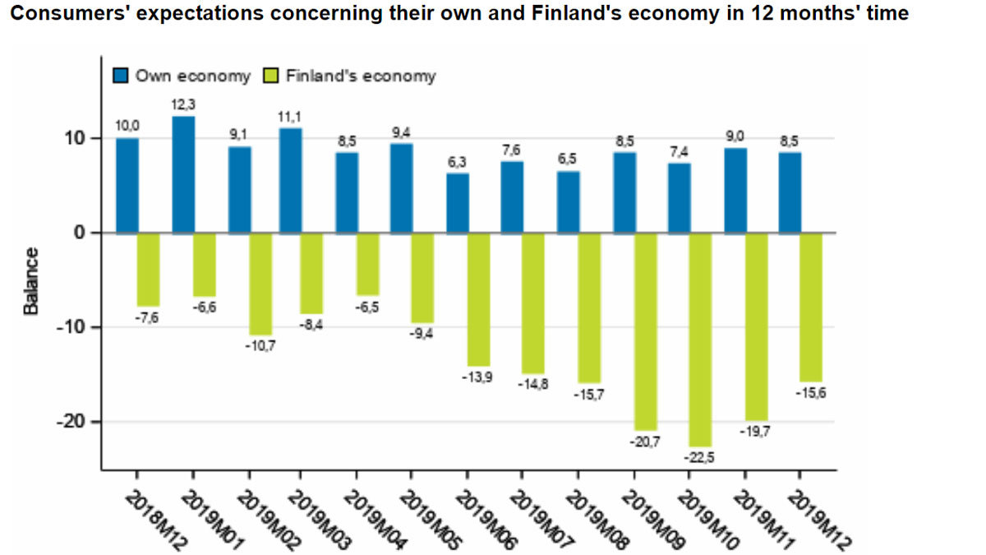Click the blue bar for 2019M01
183,174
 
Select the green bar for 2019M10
701,339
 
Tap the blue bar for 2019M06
458,202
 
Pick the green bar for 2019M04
368,264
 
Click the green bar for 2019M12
811,307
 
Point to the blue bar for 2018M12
127,185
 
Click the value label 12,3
183,105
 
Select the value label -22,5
701,458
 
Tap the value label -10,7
260,345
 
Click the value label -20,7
645,442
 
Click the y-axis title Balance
31,280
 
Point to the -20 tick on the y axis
72,421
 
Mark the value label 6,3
458,162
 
